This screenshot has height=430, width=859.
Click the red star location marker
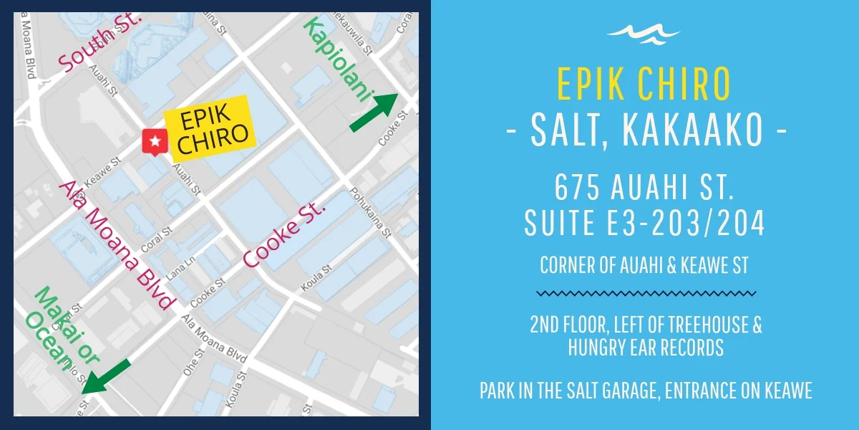click(152, 142)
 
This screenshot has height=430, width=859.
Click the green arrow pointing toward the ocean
click(106, 376)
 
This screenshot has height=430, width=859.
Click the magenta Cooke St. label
click(284, 234)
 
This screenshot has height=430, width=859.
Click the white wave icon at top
click(643, 33)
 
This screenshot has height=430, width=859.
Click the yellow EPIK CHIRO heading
click(644, 84)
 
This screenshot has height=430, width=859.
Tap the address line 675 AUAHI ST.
click(644, 188)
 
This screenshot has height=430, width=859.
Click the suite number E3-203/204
click(684, 223)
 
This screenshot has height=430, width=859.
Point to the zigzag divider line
click(645, 293)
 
